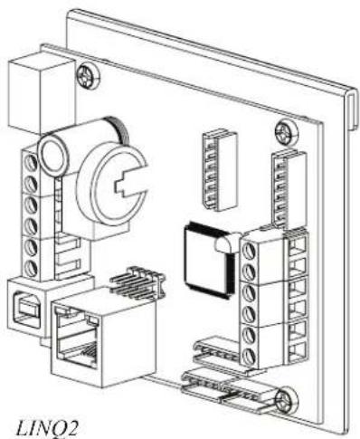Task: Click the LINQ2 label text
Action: point(47,429)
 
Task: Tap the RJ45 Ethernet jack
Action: point(104,337)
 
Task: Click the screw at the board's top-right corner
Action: point(286,132)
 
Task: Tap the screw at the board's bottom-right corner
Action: point(286,401)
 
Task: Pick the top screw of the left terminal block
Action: point(31,162)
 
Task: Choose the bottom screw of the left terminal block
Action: point(31,269)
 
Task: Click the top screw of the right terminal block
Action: point(249,252)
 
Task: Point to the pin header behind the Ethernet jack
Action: point(137,282)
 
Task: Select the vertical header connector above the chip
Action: point(220,169)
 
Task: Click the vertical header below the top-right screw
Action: point(289,189)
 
